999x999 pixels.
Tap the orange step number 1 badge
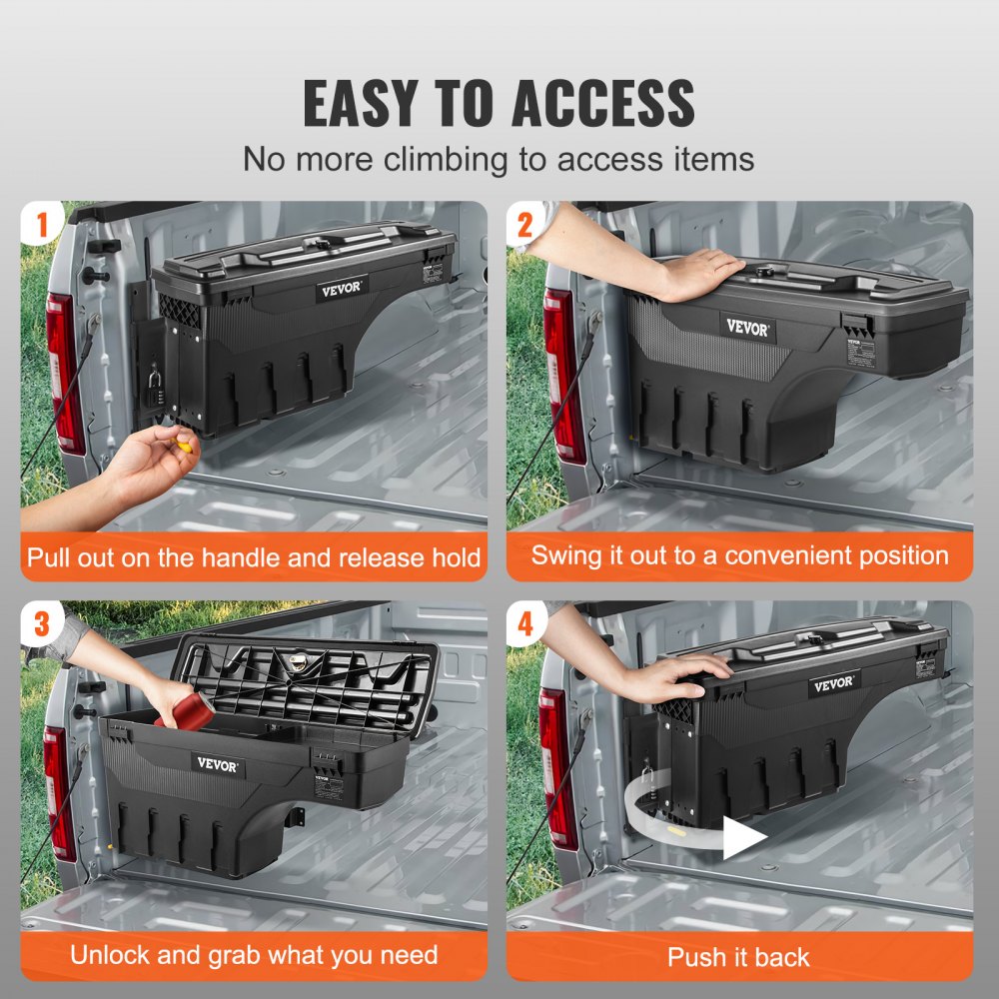[41, 224]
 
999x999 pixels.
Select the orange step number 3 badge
[41, 623]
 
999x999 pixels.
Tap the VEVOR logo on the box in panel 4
[832, 684]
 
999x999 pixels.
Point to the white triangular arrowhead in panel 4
[742, 838]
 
